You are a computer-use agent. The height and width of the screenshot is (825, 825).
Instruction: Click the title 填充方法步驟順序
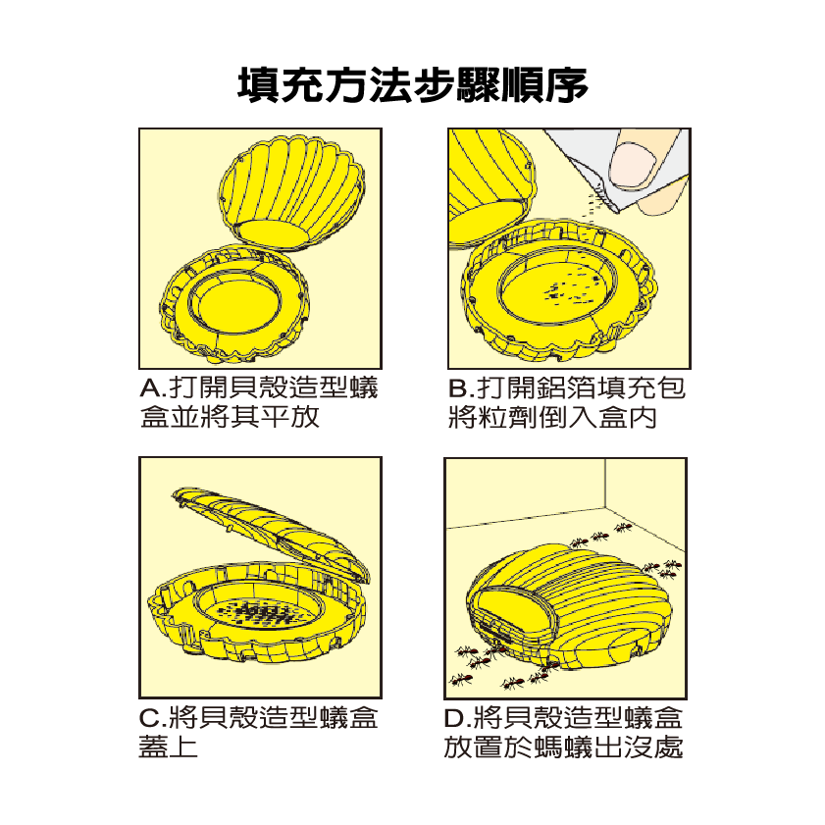pos(412,86)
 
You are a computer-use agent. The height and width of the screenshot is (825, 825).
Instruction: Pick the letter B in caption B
pos(458,387)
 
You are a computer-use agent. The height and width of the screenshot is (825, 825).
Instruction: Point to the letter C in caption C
pos(150,718)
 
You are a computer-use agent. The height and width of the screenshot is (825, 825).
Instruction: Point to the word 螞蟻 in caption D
pos(563,748)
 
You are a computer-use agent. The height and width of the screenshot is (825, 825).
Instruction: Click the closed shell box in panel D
pos(559,603)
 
